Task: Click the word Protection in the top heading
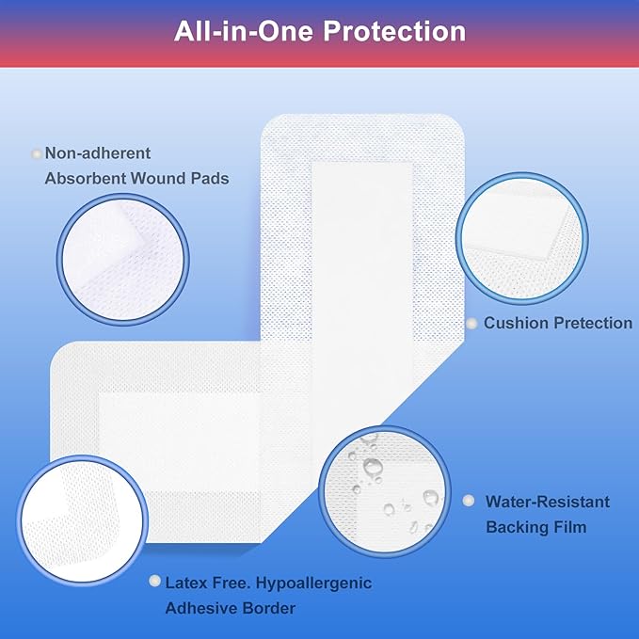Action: (393, 31)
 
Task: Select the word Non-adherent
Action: (98, 152)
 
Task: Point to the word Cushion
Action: (516, 323)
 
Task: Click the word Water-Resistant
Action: (548, 502)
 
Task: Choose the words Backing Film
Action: (535, 527)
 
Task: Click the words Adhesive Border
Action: (230, 608)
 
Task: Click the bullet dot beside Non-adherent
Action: (37, 152)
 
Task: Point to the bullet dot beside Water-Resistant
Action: (469, 502)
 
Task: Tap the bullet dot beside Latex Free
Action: (154, 582)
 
